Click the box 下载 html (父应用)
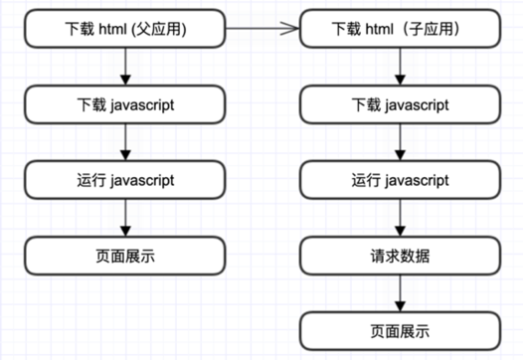click(x=125, y=29)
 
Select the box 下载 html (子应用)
click(x=400, y=29)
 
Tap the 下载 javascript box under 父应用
click(x=125, y=104)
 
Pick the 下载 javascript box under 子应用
click(x=400, y=104)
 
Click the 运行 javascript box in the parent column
click(x=125, y=180)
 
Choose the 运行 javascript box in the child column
click(x=400, y=180)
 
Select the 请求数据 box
click(x=400, y=256)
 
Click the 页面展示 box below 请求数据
click(x=400, y=331)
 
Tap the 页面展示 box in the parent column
click(x=125, y=256)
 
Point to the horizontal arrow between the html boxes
click(x=262, y=29)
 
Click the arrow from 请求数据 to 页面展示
click(x=400, y=293)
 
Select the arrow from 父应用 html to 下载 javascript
click(x=125, y=67)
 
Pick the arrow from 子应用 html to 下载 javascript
click(x=400, y=67)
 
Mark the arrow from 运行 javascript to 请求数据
click(x=400, y=218)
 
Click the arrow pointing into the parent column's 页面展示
click(x=125, y=218)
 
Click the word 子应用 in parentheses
click(x=432, y=29)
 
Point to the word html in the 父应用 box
click(x=112, y=29)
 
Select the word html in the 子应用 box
click(x=380, y=29)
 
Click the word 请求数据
click(x=400, y=257)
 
